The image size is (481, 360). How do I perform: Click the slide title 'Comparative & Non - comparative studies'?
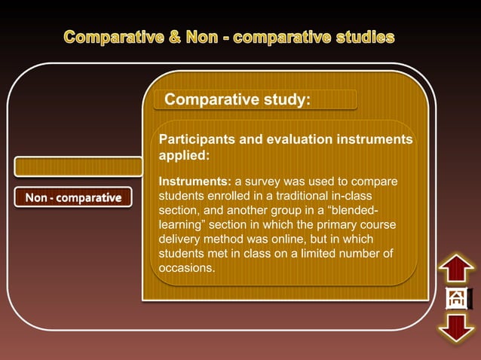(x=228, y=37)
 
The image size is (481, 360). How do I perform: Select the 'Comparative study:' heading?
(x=237, y=100)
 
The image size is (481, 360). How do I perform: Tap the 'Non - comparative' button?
(x=73, y=198)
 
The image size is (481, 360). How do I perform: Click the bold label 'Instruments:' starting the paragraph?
(x=195, y=182)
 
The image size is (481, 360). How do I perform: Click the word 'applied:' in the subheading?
(x=183, y=156)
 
